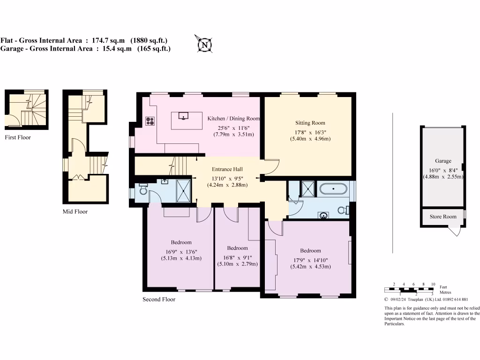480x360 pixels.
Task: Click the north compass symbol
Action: tap(204, 45)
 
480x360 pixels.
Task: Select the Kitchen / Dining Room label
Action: tap(233, 119)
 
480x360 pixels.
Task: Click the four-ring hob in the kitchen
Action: tap(151, 121)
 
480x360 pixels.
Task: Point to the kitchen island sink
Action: tap(183, 115)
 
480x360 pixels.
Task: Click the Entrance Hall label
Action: tap(227, 169)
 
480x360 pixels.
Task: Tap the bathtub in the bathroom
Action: tap(333, 190)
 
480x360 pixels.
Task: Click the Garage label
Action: tap(442, 161)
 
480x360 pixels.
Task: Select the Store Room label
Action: tap(443, 217)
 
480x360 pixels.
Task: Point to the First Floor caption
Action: tap(17, 138)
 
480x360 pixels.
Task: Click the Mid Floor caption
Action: tap(75, 212)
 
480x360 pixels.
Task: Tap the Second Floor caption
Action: tap(159, 300)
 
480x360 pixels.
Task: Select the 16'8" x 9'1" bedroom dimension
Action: tap(237, 256)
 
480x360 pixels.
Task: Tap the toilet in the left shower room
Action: tap(143, 191)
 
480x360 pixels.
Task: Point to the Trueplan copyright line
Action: tap(426, 300)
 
